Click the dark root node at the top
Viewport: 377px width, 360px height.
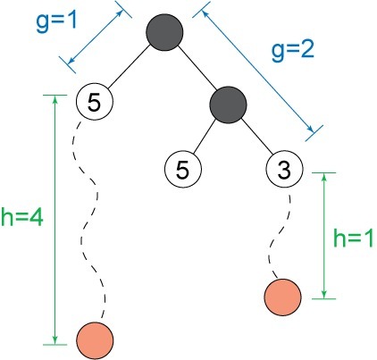point(164,32)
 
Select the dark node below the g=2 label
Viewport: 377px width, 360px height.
point(228,105)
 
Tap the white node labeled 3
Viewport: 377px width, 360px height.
point(284,169)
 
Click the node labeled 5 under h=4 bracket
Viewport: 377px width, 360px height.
point(95,102)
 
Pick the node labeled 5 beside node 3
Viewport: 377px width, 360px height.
point(183,169)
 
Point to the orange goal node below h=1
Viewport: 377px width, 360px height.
point(282,297)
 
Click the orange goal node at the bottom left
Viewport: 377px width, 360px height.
point(95,340)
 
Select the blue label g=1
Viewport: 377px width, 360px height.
point(56,22)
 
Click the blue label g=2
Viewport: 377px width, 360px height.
point(293,51)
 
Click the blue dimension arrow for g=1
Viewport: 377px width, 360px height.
point(96,37)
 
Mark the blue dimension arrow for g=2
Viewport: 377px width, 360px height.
point(258,71)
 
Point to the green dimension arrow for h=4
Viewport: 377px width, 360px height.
point(54,220)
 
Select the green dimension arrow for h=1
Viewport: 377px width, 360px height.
point(324,236)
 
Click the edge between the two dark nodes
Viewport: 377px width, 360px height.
point(197,69)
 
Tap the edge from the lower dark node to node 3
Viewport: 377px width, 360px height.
point(257,136)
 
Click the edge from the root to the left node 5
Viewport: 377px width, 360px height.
point(129,67)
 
